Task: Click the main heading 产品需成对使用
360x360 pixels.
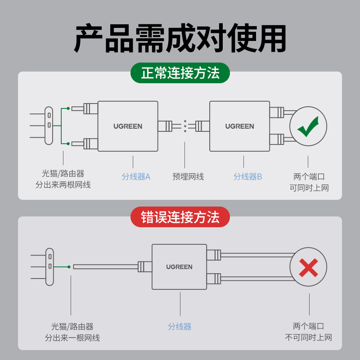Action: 180,39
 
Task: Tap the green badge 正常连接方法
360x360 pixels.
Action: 180,73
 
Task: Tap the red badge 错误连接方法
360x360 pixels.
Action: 180,217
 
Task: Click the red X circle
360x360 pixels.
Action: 308,267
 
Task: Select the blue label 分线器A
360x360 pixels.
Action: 136,177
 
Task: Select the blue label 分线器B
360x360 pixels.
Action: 247,177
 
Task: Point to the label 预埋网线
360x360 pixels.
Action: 188,177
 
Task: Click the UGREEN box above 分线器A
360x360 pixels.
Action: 128,126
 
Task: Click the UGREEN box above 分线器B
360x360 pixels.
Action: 239,126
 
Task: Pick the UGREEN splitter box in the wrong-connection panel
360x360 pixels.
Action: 179,267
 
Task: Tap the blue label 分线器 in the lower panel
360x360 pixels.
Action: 180,327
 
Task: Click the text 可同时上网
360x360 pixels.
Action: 309,188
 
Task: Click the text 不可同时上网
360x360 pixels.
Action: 308,337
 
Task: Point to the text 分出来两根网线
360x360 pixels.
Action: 63,185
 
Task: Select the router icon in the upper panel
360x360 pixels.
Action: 49,126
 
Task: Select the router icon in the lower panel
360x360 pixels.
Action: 49,267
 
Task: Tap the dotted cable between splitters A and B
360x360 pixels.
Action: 185,126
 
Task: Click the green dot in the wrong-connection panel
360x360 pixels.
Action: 69,267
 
